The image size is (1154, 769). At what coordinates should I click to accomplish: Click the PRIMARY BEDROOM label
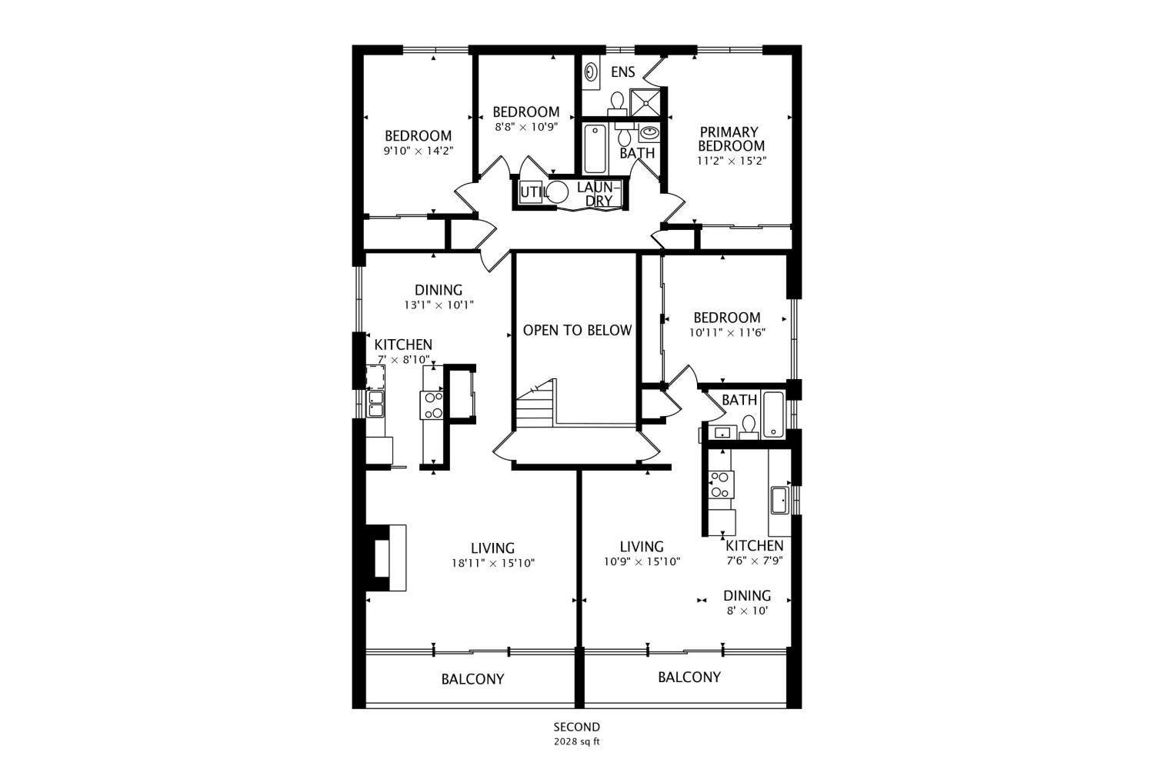coord(731,138)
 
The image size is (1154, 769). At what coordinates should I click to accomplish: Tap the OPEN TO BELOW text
coord(577,330)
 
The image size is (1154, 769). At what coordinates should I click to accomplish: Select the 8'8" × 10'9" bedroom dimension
coord(526,127)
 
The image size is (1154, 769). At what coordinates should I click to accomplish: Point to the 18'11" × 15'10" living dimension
coord(493,563)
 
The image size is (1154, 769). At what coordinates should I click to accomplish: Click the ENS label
coord(623,72)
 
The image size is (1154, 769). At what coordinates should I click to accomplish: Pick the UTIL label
coord(531,193)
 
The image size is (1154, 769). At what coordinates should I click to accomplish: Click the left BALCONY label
coord(472,679)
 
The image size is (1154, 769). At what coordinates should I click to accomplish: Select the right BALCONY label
coord(689,677)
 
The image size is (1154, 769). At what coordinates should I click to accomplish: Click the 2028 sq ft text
coord(577,742)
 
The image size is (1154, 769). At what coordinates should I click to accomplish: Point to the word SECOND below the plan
coord(577,727)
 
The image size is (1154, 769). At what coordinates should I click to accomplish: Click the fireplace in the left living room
coord(385,558)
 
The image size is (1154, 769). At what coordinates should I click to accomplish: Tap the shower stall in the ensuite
coord(645,102)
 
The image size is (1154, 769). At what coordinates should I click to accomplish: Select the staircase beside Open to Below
coord(536,403)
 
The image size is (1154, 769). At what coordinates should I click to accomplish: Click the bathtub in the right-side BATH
coord(773,414)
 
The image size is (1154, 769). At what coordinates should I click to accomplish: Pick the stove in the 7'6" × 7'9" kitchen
coord(721,484)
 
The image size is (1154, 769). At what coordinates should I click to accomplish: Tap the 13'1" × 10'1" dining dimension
coord(439,305)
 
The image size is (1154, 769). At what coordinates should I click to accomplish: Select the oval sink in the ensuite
coord(591,72)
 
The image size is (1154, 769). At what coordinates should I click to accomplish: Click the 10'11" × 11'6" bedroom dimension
coord(727,333)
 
